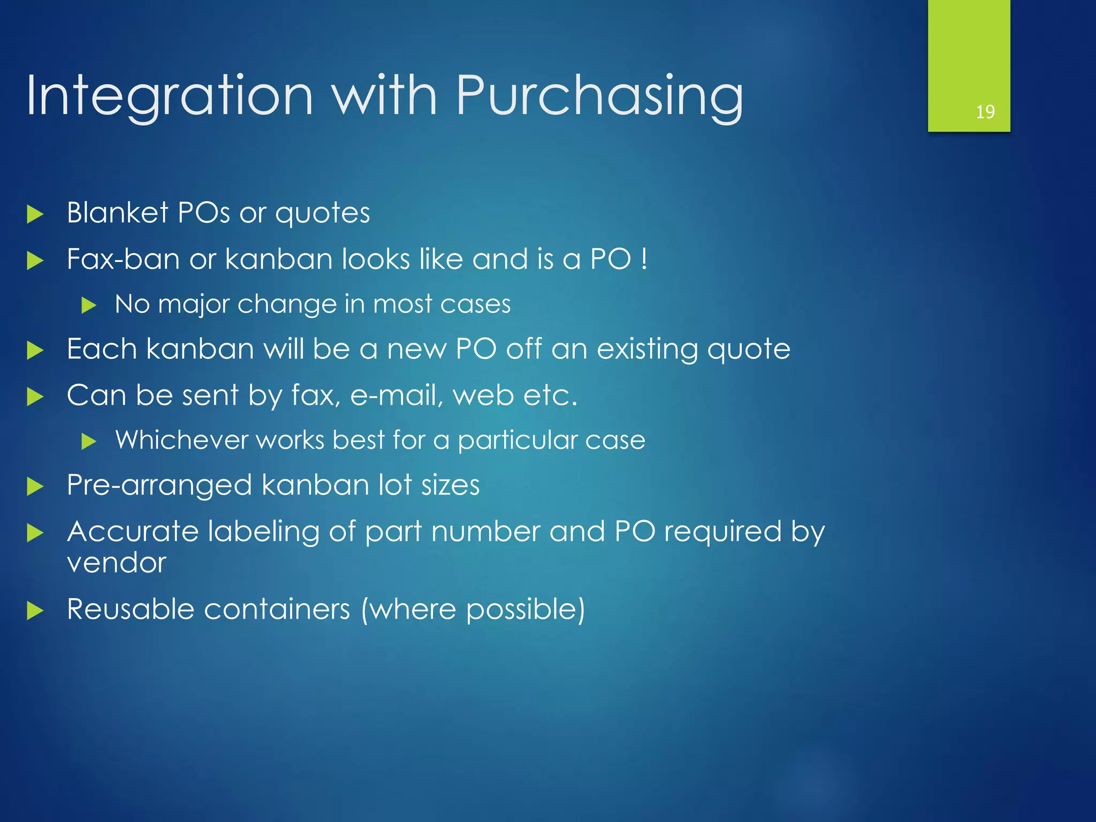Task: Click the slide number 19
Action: click(985, 112)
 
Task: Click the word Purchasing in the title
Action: click(599, 96)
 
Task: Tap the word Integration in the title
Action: click(169, 96)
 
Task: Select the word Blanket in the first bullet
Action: click(118, 212)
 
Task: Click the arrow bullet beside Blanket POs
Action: click(35, 215)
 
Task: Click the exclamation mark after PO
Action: click(644, 259)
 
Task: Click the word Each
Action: click(102, 349)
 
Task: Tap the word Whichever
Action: click(181, 440)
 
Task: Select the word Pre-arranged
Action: click(159, 486)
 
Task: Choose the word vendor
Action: click(117, 563)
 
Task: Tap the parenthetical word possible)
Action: click(526, 610)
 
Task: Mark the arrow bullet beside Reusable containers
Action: click(35, 611)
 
